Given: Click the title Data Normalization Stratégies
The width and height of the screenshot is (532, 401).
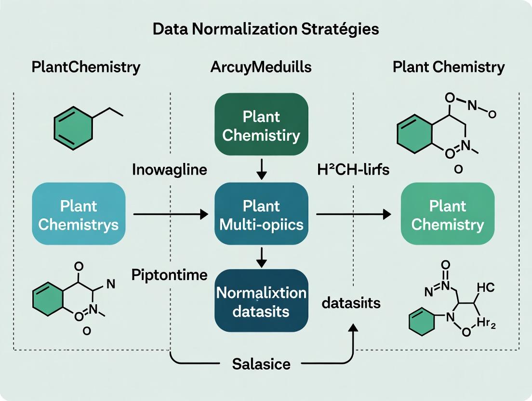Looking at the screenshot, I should tap(266, 29).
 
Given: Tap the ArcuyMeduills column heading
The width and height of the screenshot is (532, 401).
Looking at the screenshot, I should tap(260, 67).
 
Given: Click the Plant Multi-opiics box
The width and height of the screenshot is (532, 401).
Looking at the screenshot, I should tap(261, 215).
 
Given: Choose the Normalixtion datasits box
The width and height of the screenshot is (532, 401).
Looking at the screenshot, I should tap(261, 301).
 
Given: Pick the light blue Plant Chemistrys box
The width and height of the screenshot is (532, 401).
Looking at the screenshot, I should tap(79, 215).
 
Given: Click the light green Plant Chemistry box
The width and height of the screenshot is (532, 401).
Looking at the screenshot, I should tap(448, 215).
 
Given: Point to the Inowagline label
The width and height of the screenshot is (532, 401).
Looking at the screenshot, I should tap(169, 170).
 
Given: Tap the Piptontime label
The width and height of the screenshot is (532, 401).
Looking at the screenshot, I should tap(169, 275).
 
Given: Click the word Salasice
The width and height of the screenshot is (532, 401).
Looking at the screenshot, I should tap(261, 363).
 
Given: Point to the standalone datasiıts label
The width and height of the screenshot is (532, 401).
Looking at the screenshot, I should tap(351, 303).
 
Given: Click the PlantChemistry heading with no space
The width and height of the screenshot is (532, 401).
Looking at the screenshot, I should tap(86, 67).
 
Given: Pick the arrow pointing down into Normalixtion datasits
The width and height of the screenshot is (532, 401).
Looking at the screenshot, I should tap(261, 257).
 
